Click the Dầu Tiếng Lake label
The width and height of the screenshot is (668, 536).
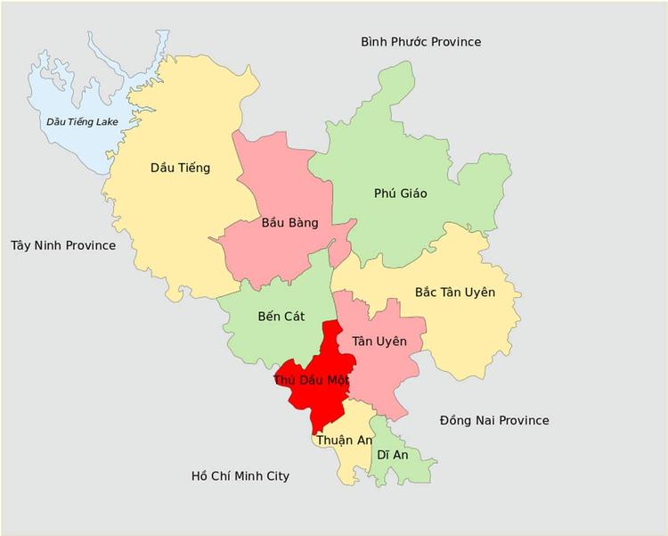(82, 121)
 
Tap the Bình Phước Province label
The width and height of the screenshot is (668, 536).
(420, 42)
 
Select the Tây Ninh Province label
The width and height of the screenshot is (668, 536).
(63, 244)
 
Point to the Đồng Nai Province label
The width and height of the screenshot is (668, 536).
(493, 420)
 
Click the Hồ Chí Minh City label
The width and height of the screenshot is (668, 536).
(240, 476)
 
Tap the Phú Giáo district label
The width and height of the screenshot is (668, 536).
(400, 194)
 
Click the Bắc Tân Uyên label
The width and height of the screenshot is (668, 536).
(455, 292)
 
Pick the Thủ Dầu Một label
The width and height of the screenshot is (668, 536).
(311, 379)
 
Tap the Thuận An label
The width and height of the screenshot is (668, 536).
(343, 441)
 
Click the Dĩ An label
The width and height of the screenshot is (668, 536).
(392, 454)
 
